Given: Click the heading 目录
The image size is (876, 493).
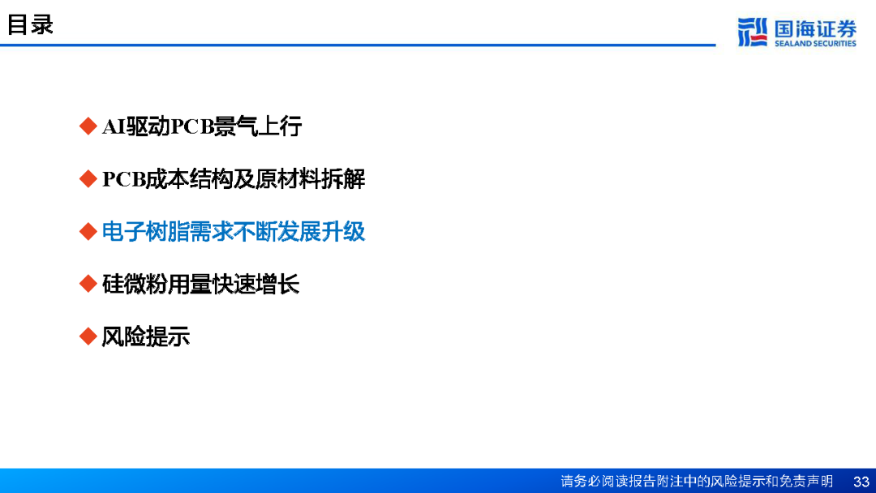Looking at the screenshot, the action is tap(30, 24).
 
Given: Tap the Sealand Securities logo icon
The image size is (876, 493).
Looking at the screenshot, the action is tap(752, 32).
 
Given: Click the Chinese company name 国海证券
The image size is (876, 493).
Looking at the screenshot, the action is tap(815, 28).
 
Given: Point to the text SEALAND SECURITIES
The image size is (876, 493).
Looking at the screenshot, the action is tap(815, 44).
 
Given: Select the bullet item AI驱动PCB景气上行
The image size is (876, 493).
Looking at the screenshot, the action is tap(202, 126).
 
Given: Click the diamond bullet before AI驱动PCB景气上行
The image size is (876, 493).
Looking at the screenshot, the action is tap(88, 126).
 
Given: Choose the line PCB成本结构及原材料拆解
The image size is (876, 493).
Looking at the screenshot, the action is tap(234, 179).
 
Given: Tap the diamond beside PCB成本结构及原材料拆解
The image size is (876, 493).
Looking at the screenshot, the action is tap(88, 178).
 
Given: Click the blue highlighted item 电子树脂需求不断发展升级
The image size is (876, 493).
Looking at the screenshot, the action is tap(234, 232).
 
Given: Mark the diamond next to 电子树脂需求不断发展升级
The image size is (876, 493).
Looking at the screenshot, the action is tap(88, 231).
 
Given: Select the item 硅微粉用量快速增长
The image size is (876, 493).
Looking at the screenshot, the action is tap(200, 284).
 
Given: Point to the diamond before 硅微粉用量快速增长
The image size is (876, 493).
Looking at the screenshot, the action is tap(88, 284).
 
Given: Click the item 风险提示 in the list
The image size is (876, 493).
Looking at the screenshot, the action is tap(146, 337).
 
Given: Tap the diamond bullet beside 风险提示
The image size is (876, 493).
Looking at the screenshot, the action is tap(88, 337).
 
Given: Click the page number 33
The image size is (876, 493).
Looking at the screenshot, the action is tap(861, 482).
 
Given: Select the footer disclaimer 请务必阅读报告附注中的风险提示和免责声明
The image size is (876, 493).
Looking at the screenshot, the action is tap(697, 481).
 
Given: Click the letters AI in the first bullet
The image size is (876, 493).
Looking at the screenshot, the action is tap(114, 126).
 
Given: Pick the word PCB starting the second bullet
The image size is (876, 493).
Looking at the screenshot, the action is tap(123, 179).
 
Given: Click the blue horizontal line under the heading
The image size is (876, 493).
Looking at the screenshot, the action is tap(358, 45).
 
